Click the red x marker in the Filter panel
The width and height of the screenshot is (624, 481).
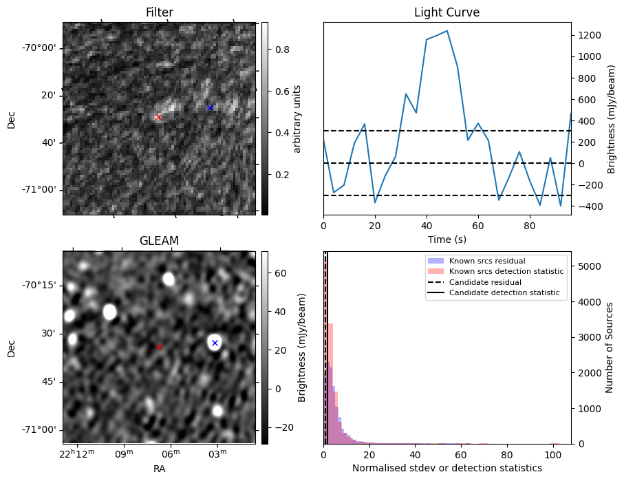[158, 118]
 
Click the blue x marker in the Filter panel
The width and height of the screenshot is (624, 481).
[210, 107]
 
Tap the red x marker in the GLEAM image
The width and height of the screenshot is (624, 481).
[159, 347]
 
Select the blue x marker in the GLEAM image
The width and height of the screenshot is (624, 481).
[215, 343]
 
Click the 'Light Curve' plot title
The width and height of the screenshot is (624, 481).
[447, 12]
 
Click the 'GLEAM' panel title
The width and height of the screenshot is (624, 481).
[159, 241]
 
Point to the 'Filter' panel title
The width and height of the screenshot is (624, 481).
[159, 12]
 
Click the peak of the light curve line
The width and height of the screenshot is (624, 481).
[447, 31]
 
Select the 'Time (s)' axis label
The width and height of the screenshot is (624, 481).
[447, 238]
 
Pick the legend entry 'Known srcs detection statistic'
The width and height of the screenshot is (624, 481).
[506, 271]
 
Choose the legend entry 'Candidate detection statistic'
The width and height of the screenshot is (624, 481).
[504, 293]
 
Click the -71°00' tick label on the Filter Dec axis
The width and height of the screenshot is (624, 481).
[40, 190]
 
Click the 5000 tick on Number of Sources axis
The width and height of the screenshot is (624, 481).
[590, 266]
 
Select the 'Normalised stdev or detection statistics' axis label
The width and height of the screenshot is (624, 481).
[447, 468]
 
